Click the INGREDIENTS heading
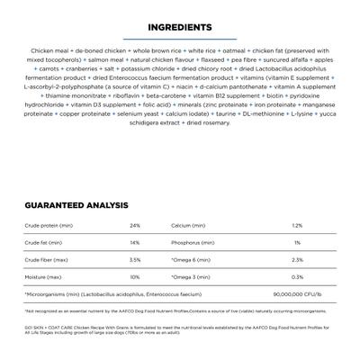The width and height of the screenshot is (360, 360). pos(180,28)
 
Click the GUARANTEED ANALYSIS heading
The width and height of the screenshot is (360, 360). pos(76,205)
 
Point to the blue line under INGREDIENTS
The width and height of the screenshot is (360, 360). pos(180,40)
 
